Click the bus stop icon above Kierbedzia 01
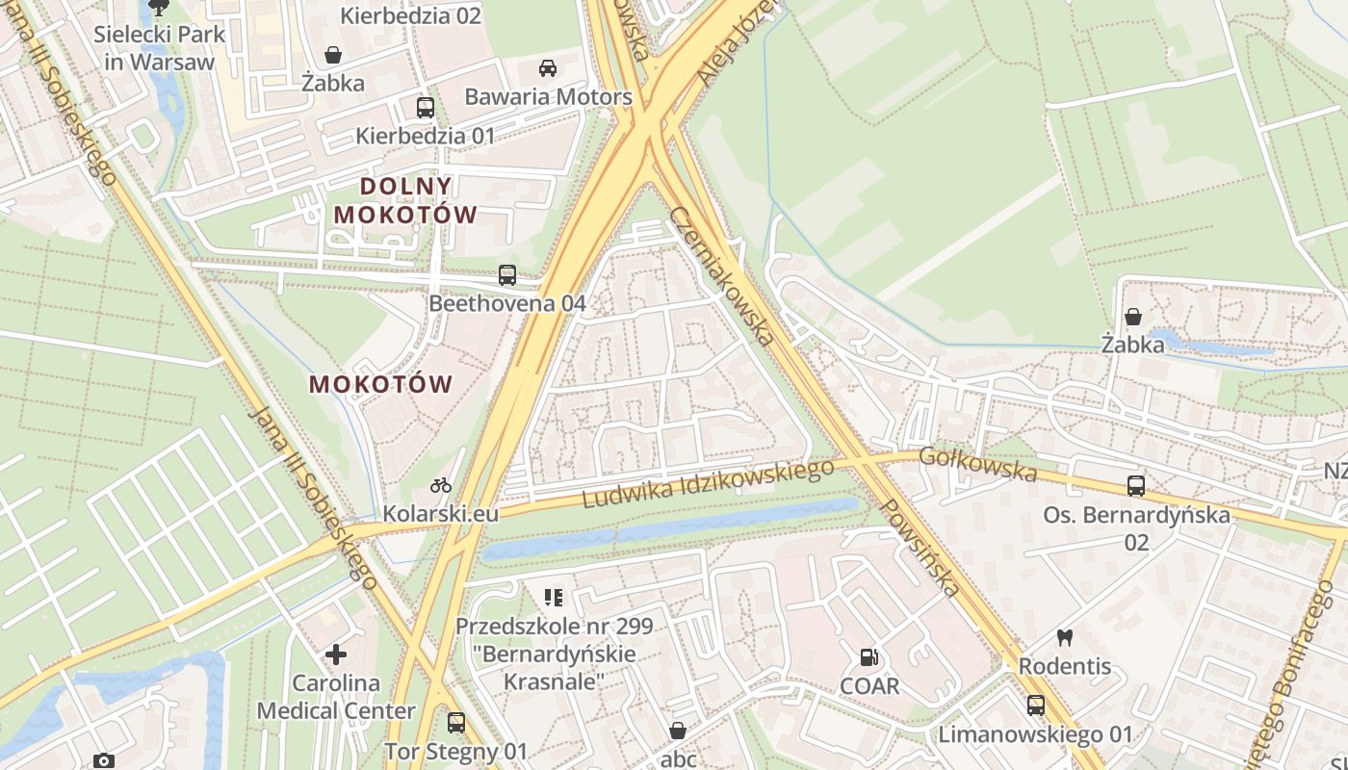tap(425, 107)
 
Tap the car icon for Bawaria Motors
tap(548, 68)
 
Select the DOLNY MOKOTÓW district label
tap(405, 200)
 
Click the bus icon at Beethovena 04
tap(507, 275)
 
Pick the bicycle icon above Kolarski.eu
tap(441, 485)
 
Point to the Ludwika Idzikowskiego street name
tap(708, 483)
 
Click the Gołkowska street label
tap(977, 464)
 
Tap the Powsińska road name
tap(920, 547)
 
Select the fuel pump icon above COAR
tap(869, 658)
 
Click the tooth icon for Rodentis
tap(1064, 637)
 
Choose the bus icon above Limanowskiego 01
tap(1036, 706)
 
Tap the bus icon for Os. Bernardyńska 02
tap(1136, 486)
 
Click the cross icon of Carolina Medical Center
tap(336, 655)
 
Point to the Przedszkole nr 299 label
tap(554, 627)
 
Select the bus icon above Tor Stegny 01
tap(456, 722)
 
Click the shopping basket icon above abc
tap(678, 731)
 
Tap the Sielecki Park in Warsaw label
tap(159, 48)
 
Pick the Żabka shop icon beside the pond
tap(1133, 316)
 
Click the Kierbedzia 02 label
tap(411, 15)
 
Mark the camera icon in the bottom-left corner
tap(104, 760)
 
